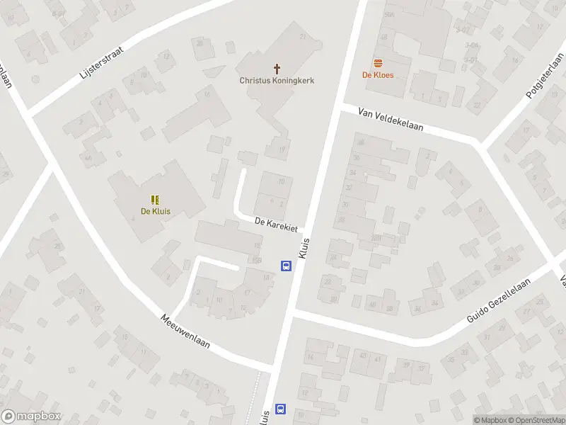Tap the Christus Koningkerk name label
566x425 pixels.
click(277, 81)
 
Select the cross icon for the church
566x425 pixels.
click(277, 69)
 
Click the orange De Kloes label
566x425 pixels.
click(378, 74)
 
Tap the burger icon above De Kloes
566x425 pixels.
click(378, 63)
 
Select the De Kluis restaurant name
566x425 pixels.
click(156, 211)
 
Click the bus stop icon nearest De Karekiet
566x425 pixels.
click(286, 266)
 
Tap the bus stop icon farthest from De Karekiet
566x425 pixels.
click(281, 409)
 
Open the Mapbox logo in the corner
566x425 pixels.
click(31, 416)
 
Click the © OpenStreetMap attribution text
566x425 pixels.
click(537, 420)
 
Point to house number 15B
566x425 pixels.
click(257, 260)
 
